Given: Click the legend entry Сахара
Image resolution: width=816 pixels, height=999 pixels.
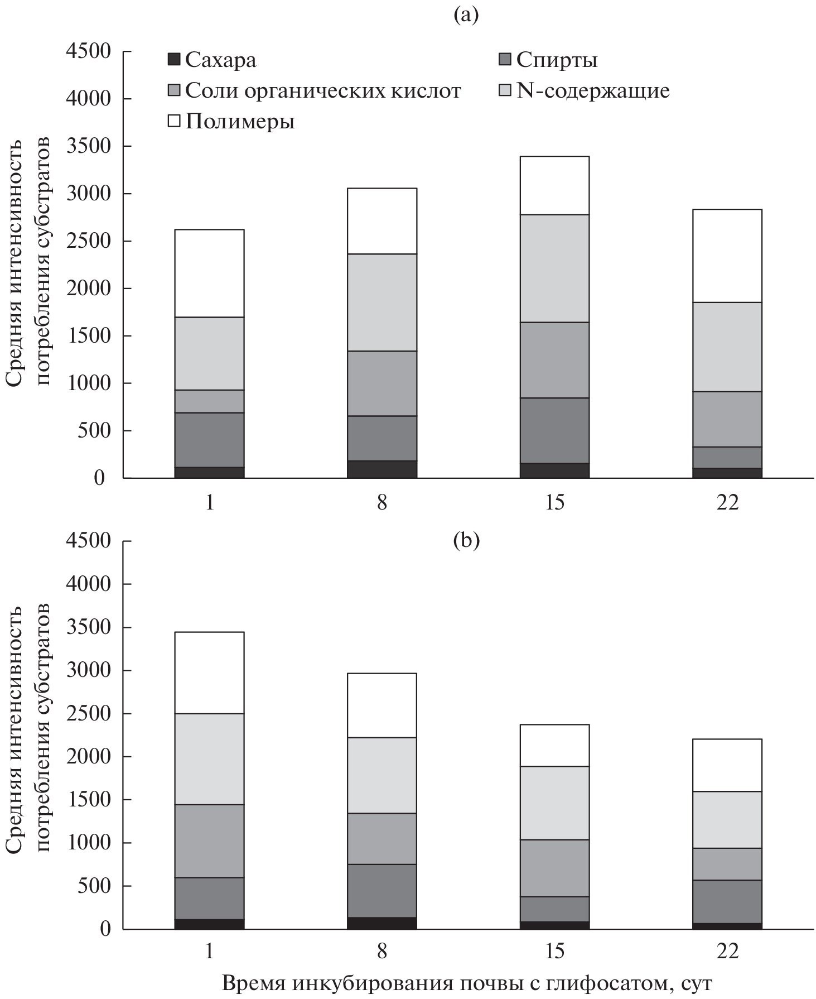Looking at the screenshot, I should [213, 60].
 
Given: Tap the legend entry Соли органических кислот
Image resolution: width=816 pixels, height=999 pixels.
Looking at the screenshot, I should [315, 90].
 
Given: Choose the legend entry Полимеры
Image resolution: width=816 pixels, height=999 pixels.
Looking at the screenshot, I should [232, 121].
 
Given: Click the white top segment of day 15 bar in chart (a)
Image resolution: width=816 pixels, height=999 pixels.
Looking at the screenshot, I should [555, 185].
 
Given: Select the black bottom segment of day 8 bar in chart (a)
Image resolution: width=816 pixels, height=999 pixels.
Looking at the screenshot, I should [382, 469].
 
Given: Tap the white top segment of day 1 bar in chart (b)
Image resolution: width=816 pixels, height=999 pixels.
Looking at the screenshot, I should [210, 673].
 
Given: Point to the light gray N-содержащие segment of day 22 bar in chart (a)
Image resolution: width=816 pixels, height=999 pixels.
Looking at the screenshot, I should [727, 347].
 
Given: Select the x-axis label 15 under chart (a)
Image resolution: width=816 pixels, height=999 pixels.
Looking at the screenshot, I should [555, 503].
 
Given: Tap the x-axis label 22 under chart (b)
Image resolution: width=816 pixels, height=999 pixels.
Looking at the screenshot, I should [727, 950].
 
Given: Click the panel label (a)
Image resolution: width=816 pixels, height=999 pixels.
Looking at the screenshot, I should [466, 15].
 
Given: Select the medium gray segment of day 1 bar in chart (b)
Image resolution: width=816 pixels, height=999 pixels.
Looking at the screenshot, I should [210, 840].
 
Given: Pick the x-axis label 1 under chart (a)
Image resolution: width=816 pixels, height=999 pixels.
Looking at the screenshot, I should [210, 503].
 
